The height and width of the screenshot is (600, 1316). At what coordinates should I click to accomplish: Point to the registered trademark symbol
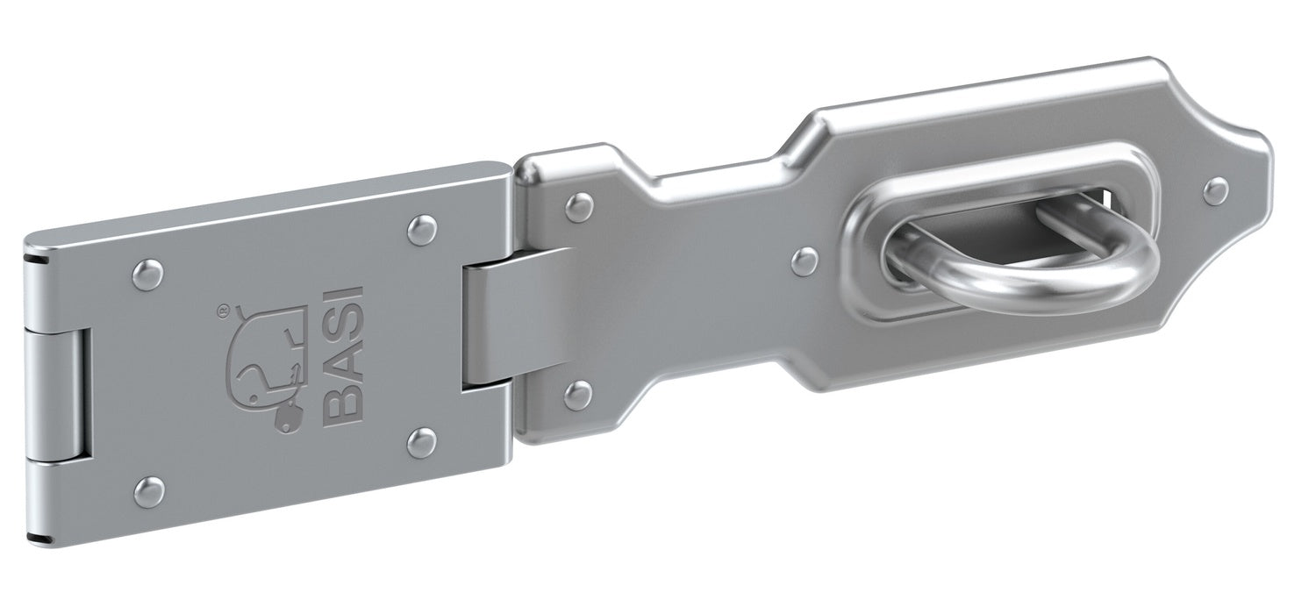tap(223, 310)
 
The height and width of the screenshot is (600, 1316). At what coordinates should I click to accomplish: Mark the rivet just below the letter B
tap(424, 439)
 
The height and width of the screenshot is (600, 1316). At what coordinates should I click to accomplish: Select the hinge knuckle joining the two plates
tap(509, 317)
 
